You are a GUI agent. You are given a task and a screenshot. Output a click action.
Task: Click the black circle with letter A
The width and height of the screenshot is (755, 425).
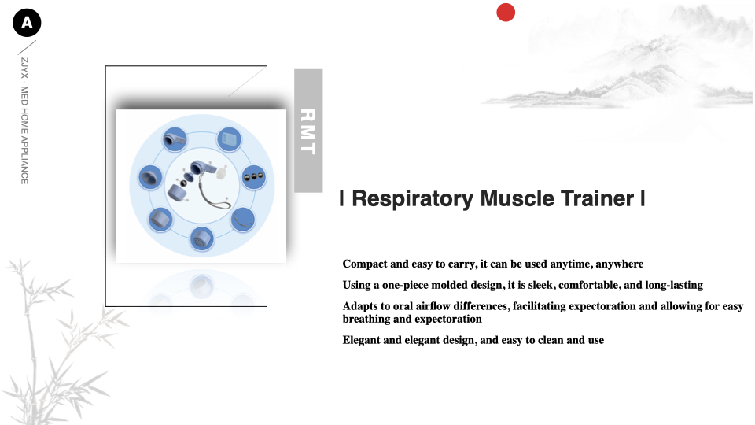27,23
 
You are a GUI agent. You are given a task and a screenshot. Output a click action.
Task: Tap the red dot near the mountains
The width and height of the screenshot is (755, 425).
506,13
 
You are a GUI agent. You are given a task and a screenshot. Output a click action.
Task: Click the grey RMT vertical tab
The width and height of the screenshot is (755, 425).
308,131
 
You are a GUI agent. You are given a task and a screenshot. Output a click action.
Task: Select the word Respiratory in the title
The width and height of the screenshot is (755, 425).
413,198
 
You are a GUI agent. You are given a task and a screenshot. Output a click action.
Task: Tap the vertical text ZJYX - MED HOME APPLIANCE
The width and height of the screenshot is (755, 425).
24,121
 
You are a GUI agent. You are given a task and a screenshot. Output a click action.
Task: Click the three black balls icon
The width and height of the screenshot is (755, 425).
253,177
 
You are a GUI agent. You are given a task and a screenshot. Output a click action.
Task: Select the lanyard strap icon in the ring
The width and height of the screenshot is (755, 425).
243,220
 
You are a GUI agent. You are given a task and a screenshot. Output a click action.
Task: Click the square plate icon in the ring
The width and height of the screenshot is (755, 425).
229,140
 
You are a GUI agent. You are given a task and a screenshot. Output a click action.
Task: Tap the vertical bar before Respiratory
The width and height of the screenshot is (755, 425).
341,198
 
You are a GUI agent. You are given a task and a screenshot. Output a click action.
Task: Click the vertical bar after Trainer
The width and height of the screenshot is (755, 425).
643,198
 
